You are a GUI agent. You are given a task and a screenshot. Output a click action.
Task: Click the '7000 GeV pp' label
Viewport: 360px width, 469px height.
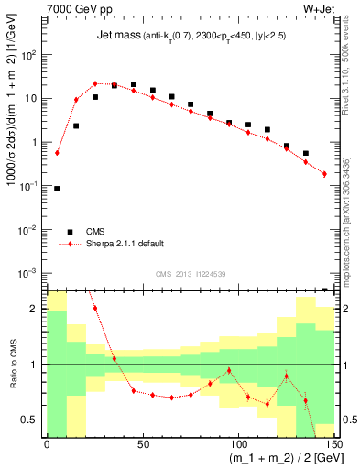point(76,10)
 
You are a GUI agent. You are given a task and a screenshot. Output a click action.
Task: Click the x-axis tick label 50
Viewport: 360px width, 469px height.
point(142,444)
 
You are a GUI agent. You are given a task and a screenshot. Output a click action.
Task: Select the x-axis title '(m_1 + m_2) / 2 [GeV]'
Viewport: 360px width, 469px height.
point(275,458)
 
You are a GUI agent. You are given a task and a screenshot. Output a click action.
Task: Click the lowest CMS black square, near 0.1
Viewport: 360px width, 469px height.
point(57,189)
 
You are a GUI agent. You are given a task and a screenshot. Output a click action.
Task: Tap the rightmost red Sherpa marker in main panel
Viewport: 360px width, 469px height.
point(324,173)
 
